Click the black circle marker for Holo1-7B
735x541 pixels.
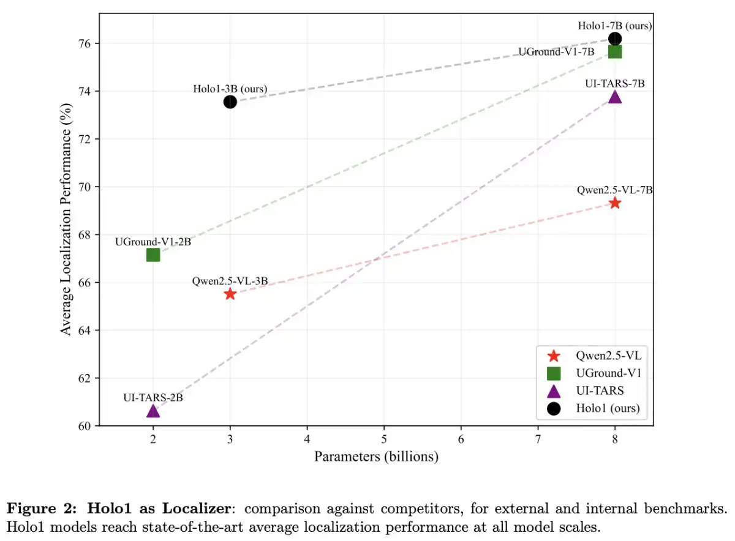[615, 39]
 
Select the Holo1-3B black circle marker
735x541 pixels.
[230, 102]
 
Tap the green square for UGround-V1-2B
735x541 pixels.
[153, 255]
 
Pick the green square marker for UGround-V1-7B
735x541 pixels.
[615, 51]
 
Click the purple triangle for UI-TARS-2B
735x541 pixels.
[153, 411]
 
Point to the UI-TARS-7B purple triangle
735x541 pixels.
[615, 97]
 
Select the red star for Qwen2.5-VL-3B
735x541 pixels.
[230, 294]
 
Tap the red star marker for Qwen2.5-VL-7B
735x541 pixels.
[615, 203]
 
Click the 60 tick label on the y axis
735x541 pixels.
[85, 426]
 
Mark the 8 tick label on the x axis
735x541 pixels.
[615, 439]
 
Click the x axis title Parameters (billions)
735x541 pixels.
[376, 457]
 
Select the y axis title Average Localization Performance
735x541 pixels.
[66, 219]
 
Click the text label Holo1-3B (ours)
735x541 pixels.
[230, 89]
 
